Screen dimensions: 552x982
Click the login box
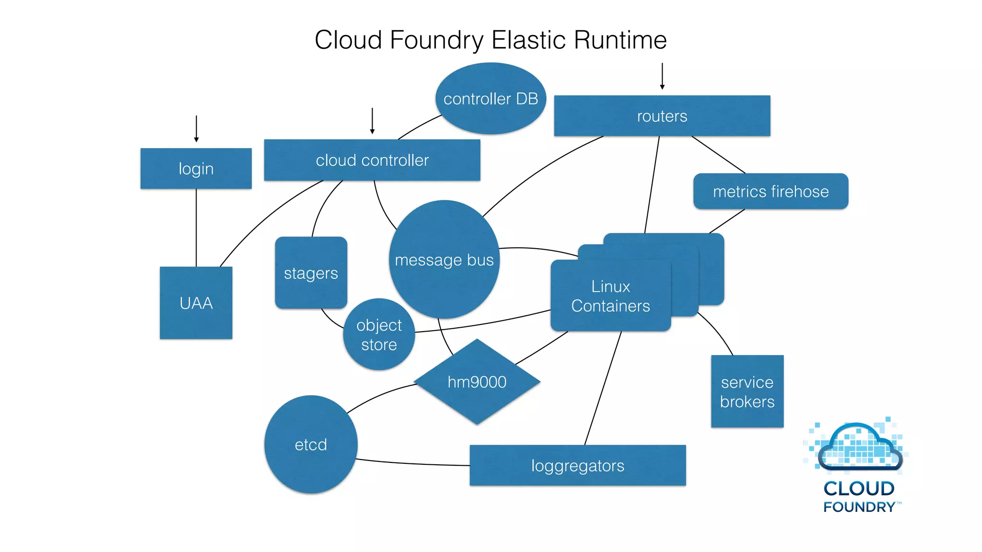(196, 169)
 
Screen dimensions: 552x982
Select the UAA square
(196, 303)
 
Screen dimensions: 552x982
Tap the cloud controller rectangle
(372, 160)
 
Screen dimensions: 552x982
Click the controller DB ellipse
(491, 99)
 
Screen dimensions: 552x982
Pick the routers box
(662, 116)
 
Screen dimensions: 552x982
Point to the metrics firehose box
(771, 191)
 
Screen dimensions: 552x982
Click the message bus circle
(444, 260)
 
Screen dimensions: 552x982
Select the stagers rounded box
(311, 273)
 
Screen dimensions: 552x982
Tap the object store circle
(379, 334)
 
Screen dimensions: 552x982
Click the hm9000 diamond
(477, 382)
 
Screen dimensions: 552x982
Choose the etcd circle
(311, 445)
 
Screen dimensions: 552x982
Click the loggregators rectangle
(577, 465)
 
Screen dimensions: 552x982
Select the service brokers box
(747, 391)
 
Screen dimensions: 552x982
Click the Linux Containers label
(610, 296)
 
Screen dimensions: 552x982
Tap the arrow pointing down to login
(196, 128)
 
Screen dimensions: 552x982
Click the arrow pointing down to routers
(662, 76)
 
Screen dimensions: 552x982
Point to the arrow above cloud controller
(372, 121)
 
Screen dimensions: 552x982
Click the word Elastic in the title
(529, 40)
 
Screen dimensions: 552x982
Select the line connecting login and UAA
(196, 228)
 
